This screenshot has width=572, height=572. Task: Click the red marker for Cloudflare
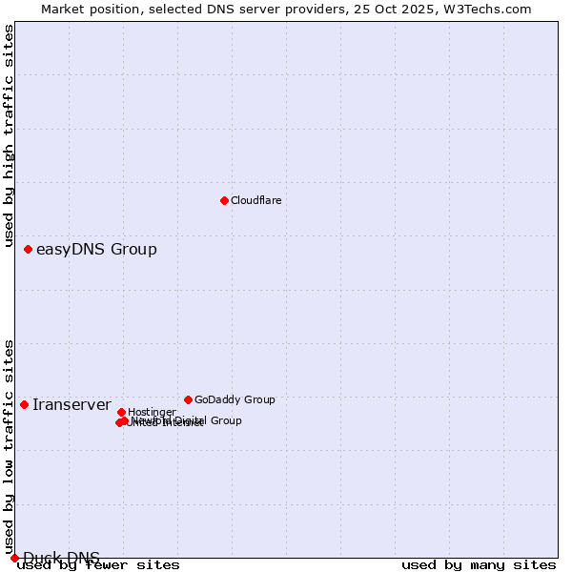(224, 200)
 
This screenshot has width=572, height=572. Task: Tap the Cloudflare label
(255, 200)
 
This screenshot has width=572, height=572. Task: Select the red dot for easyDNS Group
(28, 249)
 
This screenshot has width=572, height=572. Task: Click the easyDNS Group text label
(96, 250)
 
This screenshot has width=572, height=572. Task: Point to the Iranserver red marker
(24, 404)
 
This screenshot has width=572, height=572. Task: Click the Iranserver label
(71, 405)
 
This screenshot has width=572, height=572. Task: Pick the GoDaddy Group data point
(188, 399)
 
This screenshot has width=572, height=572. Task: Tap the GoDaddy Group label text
(235, 399)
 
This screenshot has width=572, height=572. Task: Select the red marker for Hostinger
(121, 412)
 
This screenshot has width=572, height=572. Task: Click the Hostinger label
(152, 412)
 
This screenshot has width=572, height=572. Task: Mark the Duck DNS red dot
(14, 558)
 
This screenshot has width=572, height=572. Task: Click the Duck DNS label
(61, 558)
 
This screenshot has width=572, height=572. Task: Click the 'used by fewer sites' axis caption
(98, 565)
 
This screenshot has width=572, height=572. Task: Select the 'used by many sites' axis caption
(479, 565)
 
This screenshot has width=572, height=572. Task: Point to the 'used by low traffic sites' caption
(10, 447)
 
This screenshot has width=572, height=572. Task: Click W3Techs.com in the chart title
(492, 9)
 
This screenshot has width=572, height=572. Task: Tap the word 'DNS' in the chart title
(213, 9)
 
